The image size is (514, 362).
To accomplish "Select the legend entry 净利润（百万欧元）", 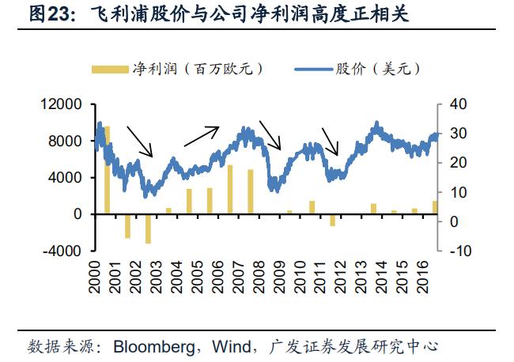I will tap(178, 69).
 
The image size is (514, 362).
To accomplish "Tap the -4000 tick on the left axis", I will tap(66, 251).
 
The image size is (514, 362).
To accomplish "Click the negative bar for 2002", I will tap(148, 228).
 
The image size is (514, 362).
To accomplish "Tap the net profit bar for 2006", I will tap(210, 201).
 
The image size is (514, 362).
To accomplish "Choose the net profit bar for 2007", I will tap(230, 190).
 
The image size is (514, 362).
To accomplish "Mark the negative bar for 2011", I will tap(332, 220).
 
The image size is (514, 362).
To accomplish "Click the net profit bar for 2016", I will tap(434, 207).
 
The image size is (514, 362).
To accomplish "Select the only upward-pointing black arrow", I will tap(201, 136).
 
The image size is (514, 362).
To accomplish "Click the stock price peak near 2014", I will tap(377, 123).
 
